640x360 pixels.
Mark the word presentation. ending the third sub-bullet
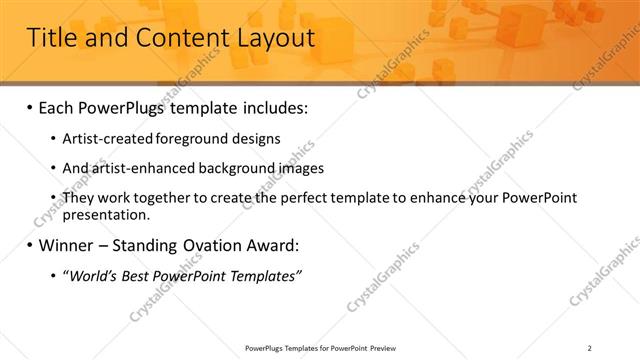click(106, 214)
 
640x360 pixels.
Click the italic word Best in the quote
click(134, 275)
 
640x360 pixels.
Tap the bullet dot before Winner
click(29, 245)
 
